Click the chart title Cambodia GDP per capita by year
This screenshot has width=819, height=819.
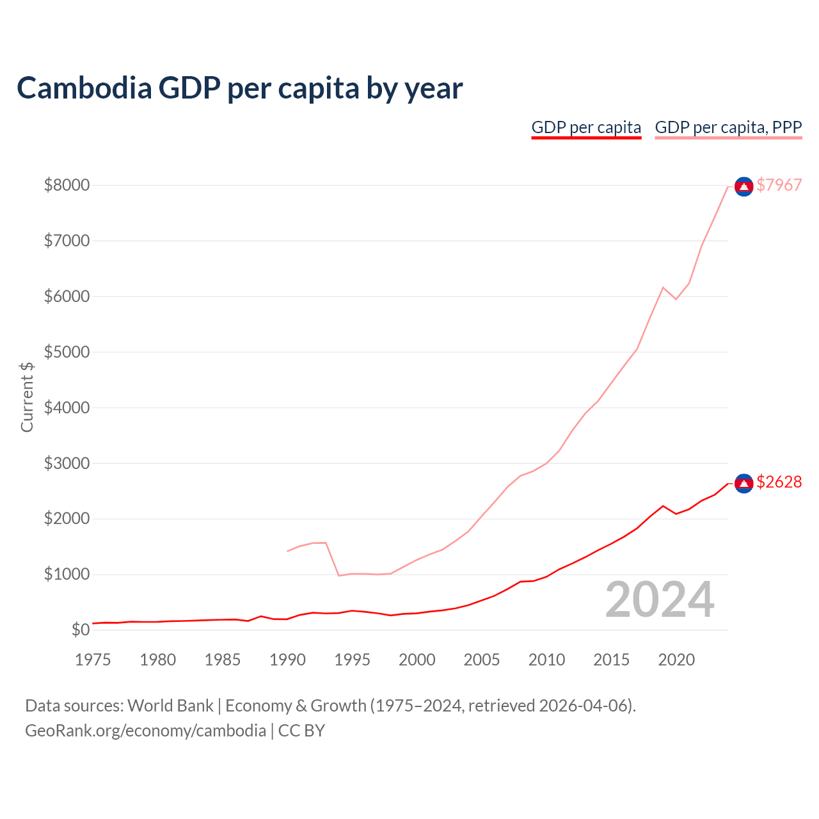pos(239,88)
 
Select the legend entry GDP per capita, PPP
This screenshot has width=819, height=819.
pos(728,127)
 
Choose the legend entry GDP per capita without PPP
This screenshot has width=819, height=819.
pos(586,127)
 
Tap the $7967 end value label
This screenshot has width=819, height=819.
pos(779,185)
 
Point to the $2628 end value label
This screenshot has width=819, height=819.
pos(779,482)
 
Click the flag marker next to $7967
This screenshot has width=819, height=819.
pos(743,186)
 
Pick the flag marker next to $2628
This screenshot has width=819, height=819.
pos(743,483)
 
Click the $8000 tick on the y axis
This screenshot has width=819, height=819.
pos(67,185)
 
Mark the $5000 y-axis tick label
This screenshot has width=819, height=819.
pos(67,352)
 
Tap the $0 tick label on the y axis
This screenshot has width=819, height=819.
pos(81,630)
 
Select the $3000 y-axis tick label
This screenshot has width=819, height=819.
pos(67,463)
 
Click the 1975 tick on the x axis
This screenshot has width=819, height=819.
pos(93,660)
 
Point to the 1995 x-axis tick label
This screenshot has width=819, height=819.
pos(352,660)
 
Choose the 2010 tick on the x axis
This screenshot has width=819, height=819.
pos(546,660)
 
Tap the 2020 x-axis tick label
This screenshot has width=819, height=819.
pos(676,660)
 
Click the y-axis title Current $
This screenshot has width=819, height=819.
pos(27,397)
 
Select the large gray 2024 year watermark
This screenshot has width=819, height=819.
pos(660,600)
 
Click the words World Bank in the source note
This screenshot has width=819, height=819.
pos(170,706)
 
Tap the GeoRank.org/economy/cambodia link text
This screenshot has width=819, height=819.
pos(145,731)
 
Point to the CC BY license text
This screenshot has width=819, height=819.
pos(301,731)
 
